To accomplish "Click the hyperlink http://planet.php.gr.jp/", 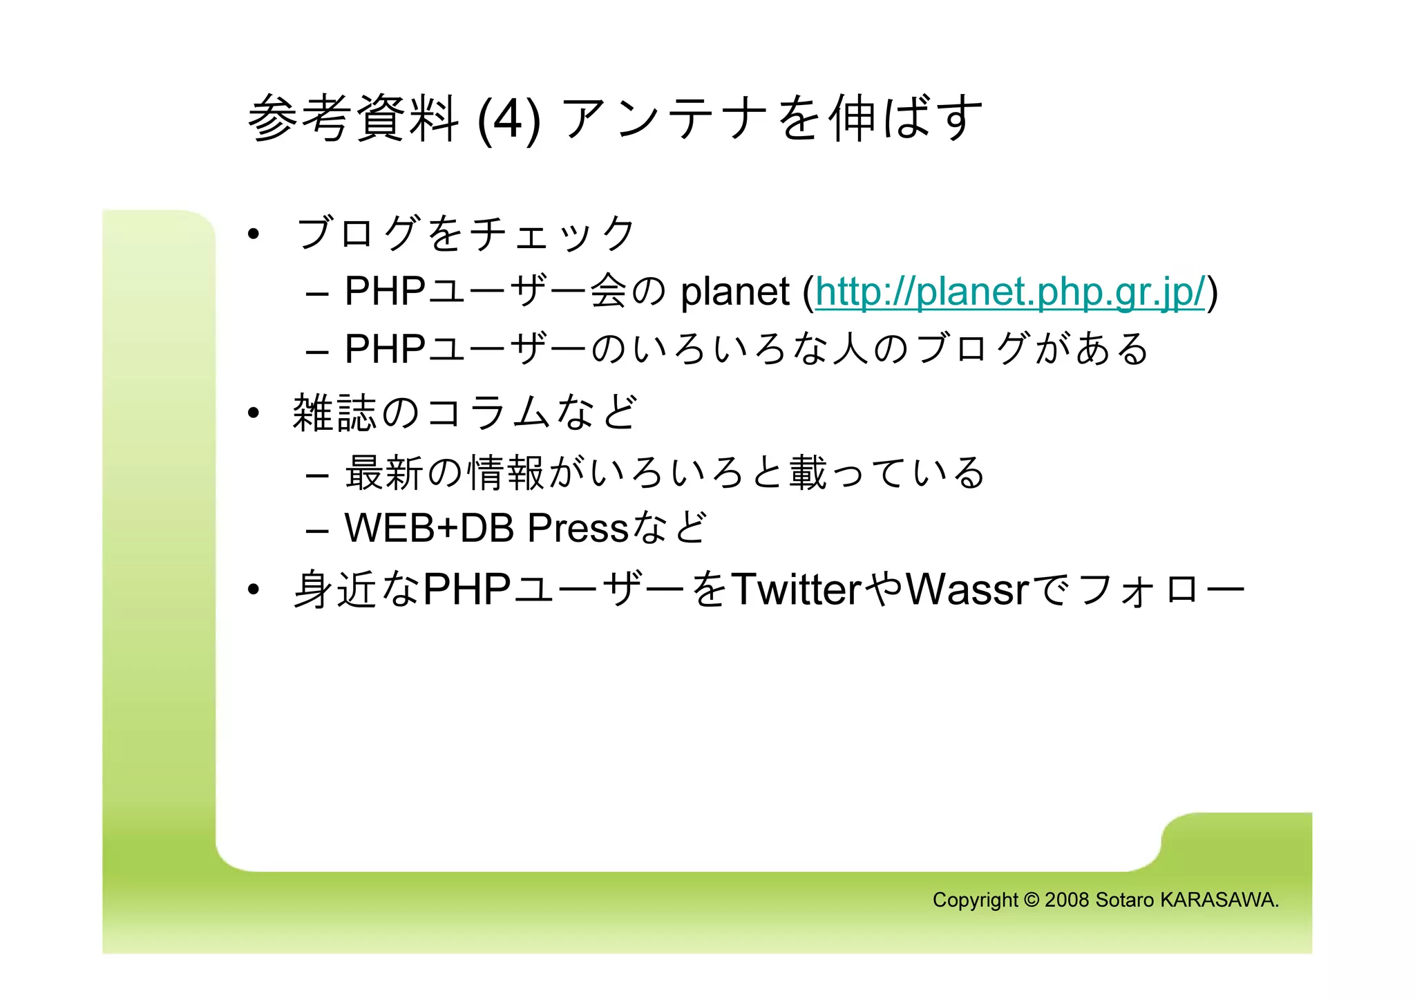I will (x=1010, y=292).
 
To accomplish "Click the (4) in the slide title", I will (x=509, y=119).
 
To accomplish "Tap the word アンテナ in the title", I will (x=667, y=119).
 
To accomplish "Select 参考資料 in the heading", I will (x=353, y=119).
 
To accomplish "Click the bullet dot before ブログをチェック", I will (x=254, y=235).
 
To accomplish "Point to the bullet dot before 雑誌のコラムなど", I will (x=254, y=413).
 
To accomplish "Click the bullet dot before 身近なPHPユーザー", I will (x=254, y=589).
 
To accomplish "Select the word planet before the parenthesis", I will (x=734, y=292).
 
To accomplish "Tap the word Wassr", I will (x=967, y=589).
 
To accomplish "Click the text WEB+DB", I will (x=429, y=528).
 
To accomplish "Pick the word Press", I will (x=578, y=528).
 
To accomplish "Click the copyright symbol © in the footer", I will (x=1032, y=900).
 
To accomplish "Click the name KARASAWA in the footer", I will (x=1219, y=900).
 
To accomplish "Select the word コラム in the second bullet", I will (x=488, y=413).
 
